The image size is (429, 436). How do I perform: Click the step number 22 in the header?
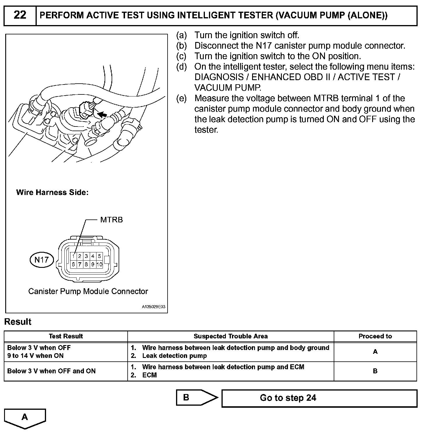[x=20, y=15]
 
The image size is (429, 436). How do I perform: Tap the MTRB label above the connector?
[x=111, y=220]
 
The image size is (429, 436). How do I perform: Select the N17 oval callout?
[x=42, y=260]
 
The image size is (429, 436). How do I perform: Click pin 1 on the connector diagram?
[x=73, y=256]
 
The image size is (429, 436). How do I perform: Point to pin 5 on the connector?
[x=99, y=256]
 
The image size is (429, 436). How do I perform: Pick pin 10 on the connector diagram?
[x=99, y=264]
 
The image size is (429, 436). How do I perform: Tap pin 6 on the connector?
[x=73, y=264]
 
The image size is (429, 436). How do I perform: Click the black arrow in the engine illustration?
[x=102, y=114]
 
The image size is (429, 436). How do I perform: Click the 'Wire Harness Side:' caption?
[x=52, y=192]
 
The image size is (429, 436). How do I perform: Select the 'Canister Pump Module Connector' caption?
[x=88, y=291]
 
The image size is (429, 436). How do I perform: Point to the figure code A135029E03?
[x=154, y=307]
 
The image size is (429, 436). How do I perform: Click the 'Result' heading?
[x=18, y=322]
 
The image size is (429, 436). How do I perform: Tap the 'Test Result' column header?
[x=66, y=336]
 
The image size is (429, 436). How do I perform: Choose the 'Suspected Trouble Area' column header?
[x=231, y=336]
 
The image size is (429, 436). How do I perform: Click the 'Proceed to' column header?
[x=375, y=336]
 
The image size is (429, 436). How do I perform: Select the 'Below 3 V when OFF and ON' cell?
[x=51, y=371]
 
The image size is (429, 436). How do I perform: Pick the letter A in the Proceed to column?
[x=375, y=352]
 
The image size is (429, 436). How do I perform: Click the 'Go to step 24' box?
[x=319, y=398]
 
